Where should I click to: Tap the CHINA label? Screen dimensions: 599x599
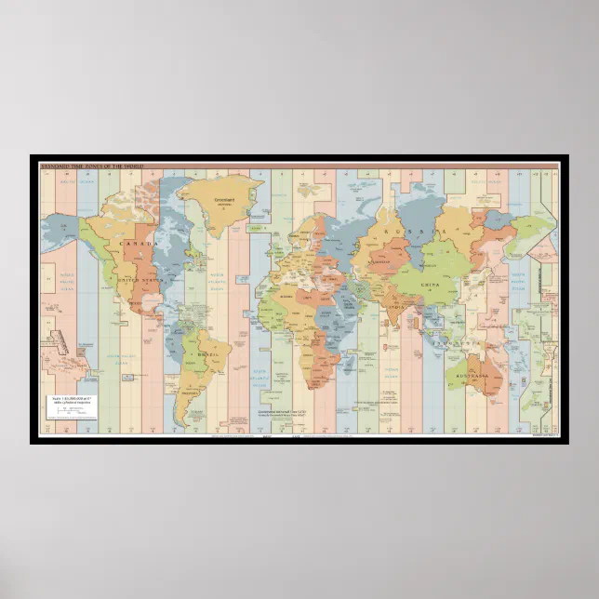[430, 286]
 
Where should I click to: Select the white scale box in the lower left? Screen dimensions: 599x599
[73, 406]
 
